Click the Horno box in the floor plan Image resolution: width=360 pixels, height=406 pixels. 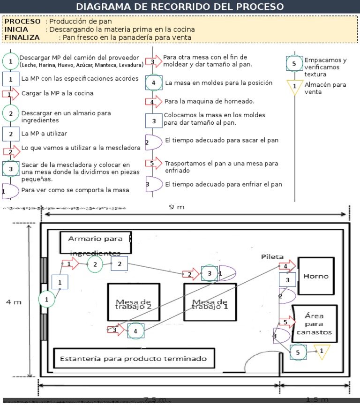pos(316,276)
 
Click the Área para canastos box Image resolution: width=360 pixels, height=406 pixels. pos(314,324)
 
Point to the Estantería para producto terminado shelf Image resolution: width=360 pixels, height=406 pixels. pos(134,359)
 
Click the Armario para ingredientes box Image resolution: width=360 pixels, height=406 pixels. pos(95,241)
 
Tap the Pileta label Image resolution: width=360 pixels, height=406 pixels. pos(272,257)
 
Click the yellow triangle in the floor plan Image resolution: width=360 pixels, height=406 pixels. pos(322,351)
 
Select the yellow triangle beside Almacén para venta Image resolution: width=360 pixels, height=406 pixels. pos(294,87)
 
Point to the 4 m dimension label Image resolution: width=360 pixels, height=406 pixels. pos(14,302)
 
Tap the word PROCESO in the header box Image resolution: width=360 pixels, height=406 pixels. pos(22,22)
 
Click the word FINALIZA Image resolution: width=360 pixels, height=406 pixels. pos(22,37)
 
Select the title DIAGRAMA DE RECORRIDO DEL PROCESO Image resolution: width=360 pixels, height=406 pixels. pos(180,7)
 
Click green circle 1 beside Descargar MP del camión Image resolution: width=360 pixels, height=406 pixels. pos(11,61)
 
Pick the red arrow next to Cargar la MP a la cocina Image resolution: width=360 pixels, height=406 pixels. pos(11,94)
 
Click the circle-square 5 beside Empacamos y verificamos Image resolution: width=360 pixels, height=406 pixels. pos(294,64)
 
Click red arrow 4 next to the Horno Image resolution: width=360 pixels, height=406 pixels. pos(286,266)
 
